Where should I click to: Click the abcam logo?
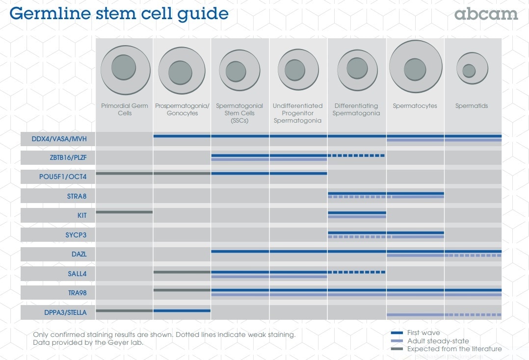(486, 14)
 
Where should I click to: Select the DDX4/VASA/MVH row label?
(59, 139)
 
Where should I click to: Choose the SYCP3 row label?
(76, 234)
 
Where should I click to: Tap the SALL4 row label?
(78, 273)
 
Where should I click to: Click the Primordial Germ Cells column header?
(124, 109)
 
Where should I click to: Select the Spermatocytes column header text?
(415, 106)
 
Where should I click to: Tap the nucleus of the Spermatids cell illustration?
(469, 71)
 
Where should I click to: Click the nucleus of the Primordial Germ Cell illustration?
(124, 68)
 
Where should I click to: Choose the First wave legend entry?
(423, 333)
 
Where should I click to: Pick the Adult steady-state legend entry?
(438, 341)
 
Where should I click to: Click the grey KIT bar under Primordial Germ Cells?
(124, 212)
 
